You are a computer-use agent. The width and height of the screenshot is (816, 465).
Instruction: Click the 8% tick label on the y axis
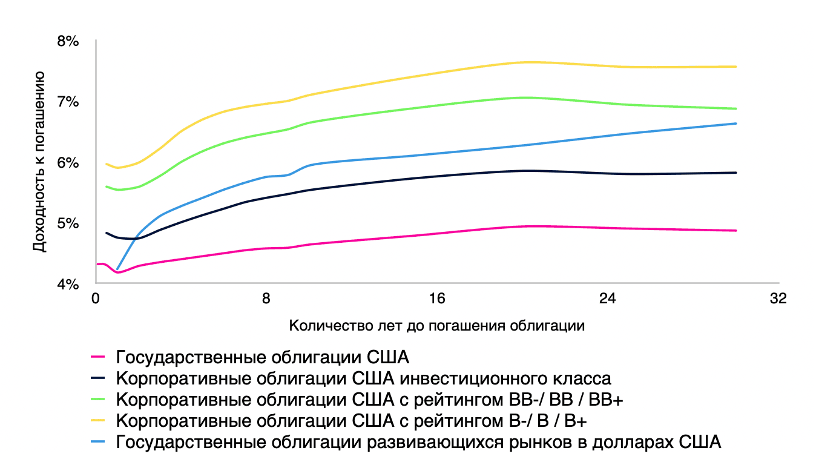[68, 41]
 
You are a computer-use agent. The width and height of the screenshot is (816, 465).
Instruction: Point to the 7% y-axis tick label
[68, 102]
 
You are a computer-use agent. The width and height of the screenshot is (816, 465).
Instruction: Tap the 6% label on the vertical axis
[68, 162]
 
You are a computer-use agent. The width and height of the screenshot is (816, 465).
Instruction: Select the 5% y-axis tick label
[68, 223]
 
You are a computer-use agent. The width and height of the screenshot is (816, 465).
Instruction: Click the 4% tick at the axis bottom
[68, 284]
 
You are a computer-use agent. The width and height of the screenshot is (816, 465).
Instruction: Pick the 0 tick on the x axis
[96, 298]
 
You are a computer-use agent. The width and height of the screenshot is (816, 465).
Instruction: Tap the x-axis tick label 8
[266, 298]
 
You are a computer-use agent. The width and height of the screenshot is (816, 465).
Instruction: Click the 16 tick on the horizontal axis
[437, 298]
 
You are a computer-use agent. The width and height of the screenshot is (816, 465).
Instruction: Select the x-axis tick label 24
[607, 298]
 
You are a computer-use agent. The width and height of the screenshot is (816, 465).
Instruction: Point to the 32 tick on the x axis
[778, 298]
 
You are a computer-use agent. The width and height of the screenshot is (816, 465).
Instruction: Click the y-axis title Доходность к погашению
[39, 162]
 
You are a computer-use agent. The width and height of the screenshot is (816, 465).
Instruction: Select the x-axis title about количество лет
[437, 325]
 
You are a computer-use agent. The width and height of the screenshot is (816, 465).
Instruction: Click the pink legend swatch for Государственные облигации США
[97, 357]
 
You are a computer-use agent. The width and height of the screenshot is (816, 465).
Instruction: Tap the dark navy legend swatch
[97, 378]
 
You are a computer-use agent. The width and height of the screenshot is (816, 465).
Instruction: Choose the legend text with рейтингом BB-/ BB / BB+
[369, 400]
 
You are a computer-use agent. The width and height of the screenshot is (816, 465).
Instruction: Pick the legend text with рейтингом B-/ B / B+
[351, 421]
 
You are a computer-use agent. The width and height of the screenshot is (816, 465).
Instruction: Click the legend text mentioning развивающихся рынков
[418, 442]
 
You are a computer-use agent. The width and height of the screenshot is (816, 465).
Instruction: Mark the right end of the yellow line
[736, 67]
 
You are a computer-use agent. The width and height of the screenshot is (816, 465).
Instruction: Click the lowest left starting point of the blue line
[117, 269]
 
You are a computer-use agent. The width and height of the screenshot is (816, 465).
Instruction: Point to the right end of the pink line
[736, 230]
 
